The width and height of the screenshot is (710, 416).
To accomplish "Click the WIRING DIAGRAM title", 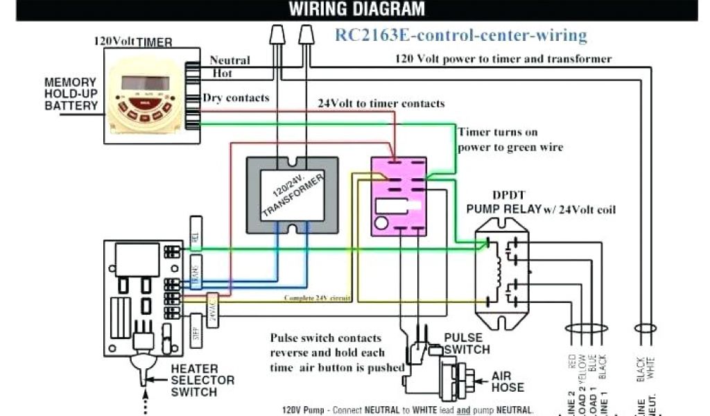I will pos(356,9).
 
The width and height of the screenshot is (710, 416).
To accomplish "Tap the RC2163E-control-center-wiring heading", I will pos(461,35).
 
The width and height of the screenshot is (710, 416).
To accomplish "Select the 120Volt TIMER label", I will pos(132,42).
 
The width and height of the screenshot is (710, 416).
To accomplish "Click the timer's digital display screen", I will pos(145,83).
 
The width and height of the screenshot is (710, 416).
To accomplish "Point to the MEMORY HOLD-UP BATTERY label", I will pos(71,94).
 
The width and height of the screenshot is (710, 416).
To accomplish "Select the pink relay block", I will pos(399,196).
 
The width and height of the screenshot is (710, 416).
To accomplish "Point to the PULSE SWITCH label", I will pos(467,344).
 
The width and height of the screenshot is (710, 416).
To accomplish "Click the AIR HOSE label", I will pos(508,381).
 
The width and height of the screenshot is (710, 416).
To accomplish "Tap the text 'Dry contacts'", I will pos(236,98).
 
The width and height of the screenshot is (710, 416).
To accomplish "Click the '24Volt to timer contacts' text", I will pos(381,103).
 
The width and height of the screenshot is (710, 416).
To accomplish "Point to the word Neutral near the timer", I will pos(230,61).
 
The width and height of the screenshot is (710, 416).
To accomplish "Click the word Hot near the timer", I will pos(222,73).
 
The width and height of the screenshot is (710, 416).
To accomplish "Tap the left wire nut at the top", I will pos(278,34).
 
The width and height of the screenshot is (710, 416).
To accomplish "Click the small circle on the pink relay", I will pos(381,223).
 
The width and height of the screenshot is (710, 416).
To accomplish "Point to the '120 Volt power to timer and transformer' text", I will pos(503,59).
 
